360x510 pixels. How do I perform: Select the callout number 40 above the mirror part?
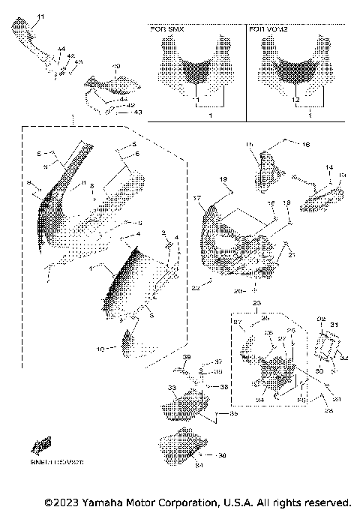[115, 67]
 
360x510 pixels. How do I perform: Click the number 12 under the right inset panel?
[295, 99]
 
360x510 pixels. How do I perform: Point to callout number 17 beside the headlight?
[197, 198]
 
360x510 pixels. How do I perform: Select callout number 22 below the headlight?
[195, 286]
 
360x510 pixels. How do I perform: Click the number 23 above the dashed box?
[256, 304]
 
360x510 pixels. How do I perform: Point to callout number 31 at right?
[334, 324]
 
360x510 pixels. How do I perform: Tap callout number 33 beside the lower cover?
[171, 387]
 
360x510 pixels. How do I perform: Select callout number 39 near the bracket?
[187, 357]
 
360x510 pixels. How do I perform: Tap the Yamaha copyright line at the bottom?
[197, 501]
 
